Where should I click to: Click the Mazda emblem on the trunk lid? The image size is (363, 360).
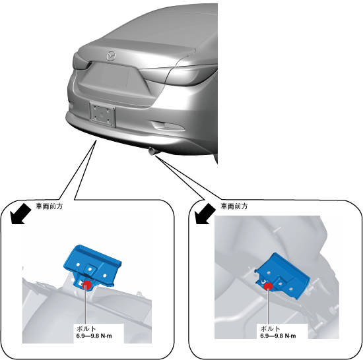(x=111, y=56)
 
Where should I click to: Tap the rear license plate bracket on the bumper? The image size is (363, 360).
(x=102, y=115)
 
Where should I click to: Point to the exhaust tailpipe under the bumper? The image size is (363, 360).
(x=152, y=151)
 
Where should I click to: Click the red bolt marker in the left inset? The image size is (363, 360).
(x=87, y=285)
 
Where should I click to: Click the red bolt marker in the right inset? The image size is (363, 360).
(x=269, y=286)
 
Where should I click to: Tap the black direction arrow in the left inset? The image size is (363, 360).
(x=21, y=214)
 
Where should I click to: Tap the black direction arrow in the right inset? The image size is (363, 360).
(x=205, y=214)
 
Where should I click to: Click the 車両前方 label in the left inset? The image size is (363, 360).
(x=49, y=206)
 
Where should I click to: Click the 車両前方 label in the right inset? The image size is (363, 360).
(x=234, y=206)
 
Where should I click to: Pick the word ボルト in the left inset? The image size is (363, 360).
(x=86, y=328)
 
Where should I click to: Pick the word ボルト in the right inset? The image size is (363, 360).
(x=271, y=328)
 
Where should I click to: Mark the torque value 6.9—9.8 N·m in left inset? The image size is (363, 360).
(x=94, y=336)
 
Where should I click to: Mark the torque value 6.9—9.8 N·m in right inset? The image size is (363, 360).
(x=278, y=336)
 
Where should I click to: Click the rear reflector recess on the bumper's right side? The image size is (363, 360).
(x=168, y=126)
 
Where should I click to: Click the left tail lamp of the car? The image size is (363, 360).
(x=81, y=62)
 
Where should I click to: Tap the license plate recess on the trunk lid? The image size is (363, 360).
(x=106, y=76)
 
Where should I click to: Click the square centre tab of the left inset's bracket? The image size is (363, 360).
(x=91, y=269)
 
